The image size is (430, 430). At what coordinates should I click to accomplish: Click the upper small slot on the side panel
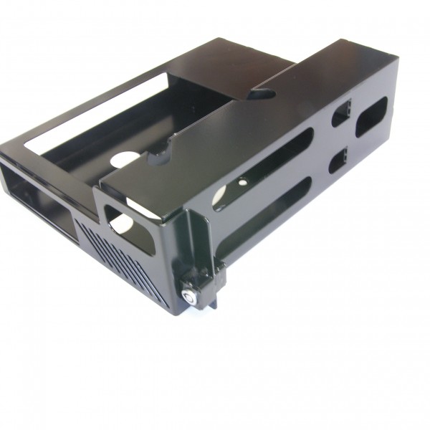(340, 114)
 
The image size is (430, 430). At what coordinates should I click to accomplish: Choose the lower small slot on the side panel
(338, 161)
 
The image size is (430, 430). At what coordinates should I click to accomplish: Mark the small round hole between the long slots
(243, 183)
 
